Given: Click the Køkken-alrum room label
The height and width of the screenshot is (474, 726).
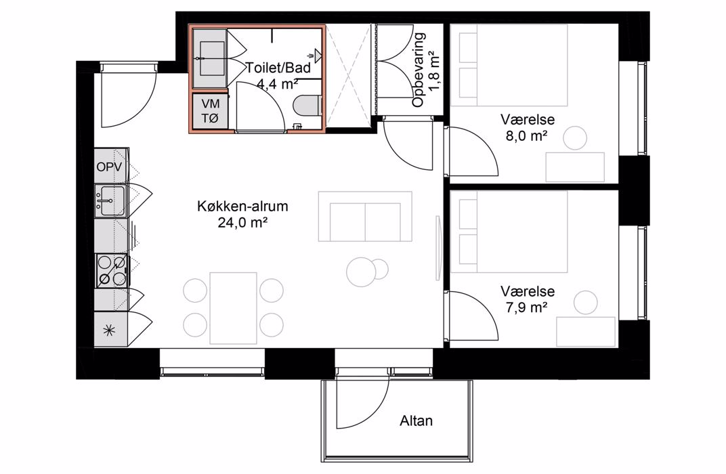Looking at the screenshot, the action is point(242,206).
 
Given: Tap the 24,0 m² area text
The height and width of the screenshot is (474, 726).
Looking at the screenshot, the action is point(242,223).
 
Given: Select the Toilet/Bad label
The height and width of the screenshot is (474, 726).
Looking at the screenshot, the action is point(278,68).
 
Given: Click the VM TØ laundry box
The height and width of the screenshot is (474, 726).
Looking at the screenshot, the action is point(210,111).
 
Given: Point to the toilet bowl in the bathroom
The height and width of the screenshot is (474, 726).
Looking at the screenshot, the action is point(308,104).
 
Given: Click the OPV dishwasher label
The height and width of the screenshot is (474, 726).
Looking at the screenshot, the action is point(109,167).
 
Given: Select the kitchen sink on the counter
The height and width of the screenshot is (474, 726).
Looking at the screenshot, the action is point(110,200).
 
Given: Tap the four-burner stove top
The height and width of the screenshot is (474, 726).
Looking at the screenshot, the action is point(112,270).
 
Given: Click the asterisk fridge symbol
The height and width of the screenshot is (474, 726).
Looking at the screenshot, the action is point(109,330).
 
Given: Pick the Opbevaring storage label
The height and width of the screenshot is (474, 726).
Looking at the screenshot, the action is point(419,70).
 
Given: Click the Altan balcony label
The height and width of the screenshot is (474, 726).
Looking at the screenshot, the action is point(417,421).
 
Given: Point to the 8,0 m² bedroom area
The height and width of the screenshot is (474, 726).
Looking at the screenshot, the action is point(528,137).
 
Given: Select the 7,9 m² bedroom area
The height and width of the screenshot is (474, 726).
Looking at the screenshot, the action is point(528,307).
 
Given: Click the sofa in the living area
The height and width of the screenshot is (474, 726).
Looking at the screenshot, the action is point(365,216).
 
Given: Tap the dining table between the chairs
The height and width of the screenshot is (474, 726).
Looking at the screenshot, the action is point(234,308).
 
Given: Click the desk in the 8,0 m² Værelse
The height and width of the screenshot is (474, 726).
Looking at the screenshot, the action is point(575,167).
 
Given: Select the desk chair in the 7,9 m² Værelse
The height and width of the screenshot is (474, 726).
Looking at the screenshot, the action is point(585,302).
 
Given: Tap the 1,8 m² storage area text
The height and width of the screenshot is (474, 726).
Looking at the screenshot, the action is point(434,70).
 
